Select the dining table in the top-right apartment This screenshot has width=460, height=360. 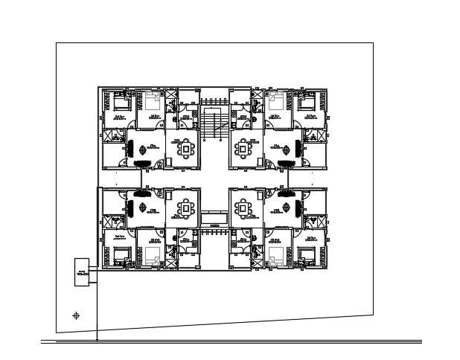click(x=243, y=149)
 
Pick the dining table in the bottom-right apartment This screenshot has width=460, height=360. click(x=243, y=205)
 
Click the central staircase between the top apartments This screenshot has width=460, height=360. click(x=214, y=122)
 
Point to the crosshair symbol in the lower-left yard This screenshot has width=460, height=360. click(x=76, y=316)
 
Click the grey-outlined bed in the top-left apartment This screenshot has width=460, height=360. click(x=153, y=100)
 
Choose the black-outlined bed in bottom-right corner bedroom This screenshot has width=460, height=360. click(x=308, y=255)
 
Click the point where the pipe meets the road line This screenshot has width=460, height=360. click(x=98, y=341)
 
